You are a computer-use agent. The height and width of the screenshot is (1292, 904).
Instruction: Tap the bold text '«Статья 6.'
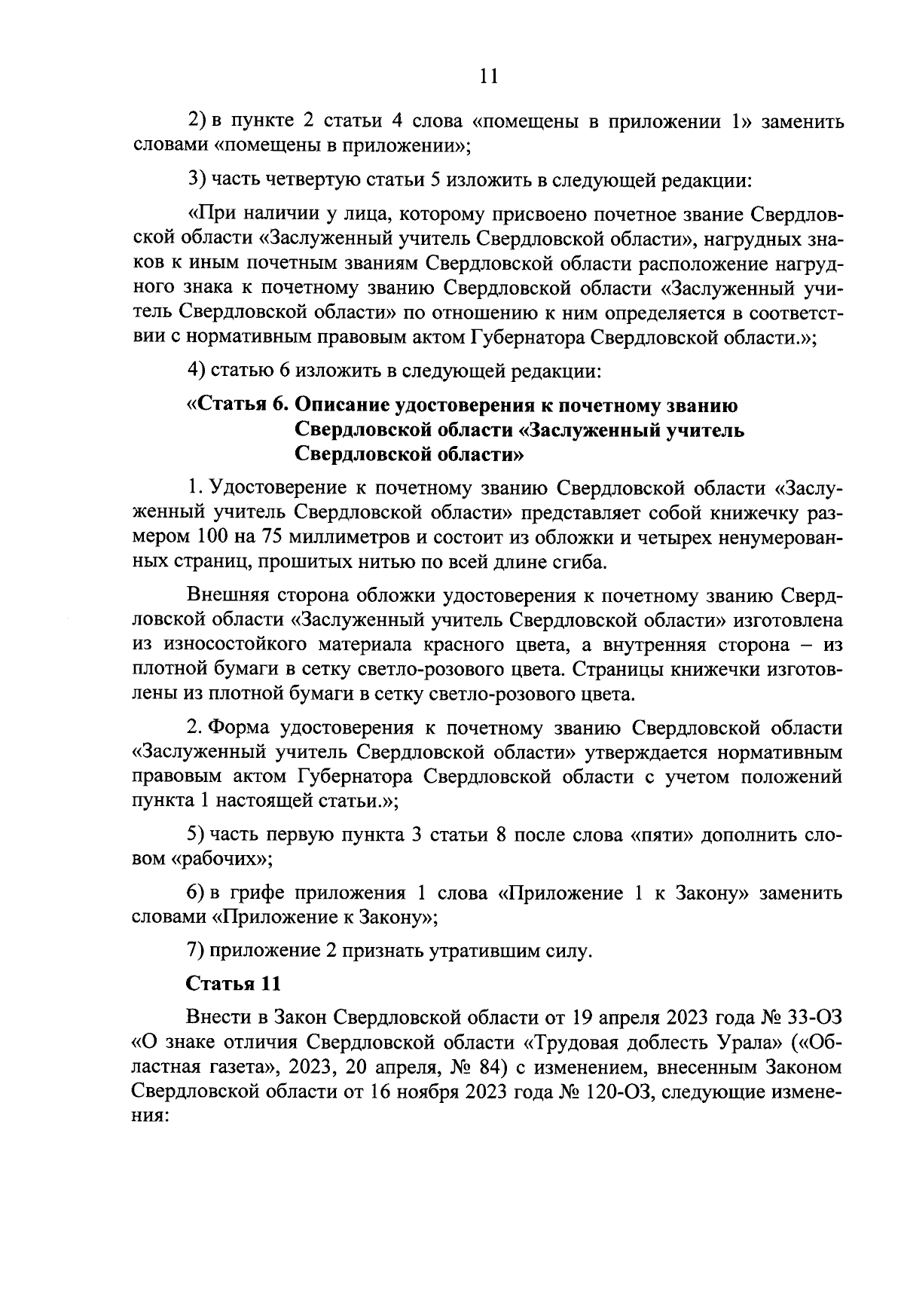(237, 405)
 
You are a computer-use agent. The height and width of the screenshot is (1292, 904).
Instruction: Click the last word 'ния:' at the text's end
(149, 1116)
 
